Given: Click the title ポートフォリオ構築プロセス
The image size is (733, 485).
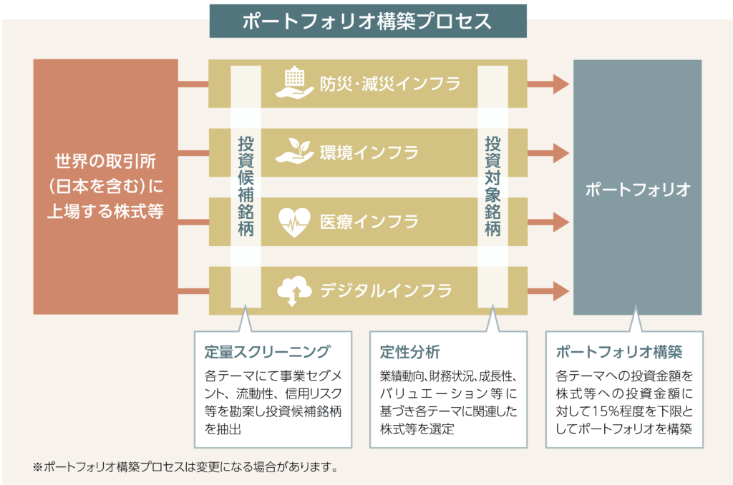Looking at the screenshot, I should pyautogui.click(x=367, y=21).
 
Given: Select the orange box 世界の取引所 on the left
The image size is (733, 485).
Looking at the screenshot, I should pyautogui.click(x=105, y=187).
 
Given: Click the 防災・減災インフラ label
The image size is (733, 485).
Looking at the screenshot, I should pyautogui.click(x=390, y=84).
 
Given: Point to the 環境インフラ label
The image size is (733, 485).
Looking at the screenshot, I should pyautogui.click(x=369, y=152).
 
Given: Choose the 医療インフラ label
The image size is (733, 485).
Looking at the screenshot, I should pyautogui.click(x=369, y=222).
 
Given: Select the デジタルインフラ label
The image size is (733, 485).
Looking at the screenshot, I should pyautogui.click(x=386, y=290).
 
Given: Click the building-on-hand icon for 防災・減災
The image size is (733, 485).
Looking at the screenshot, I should pyautogui.click(x=294, y=83).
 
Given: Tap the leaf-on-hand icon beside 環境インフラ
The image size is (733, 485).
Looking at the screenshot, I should pyautogui.click(x=294, y=152).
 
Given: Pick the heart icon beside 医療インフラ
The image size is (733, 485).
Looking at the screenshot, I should pyautogui.click(x=293, y=221).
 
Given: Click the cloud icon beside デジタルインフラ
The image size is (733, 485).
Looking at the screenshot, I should pyautogui.click(x=293, y=290).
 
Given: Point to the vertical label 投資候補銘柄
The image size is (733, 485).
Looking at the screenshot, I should pyautogui.click(x=246, y=187).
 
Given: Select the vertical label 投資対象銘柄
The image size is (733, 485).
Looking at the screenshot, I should pyautogui.click(x=492, y=187).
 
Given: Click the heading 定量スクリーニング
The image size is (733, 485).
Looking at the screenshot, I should pyautogui.click(x=266, y=352).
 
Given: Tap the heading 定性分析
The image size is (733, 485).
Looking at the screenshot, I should pyautogui.click(x=409, y=352).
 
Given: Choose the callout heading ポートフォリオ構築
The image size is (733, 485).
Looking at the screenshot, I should pyautogui.click(x=619, y=352).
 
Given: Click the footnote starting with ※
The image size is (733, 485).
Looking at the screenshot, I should pyautogui.click(x=185, y=468).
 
